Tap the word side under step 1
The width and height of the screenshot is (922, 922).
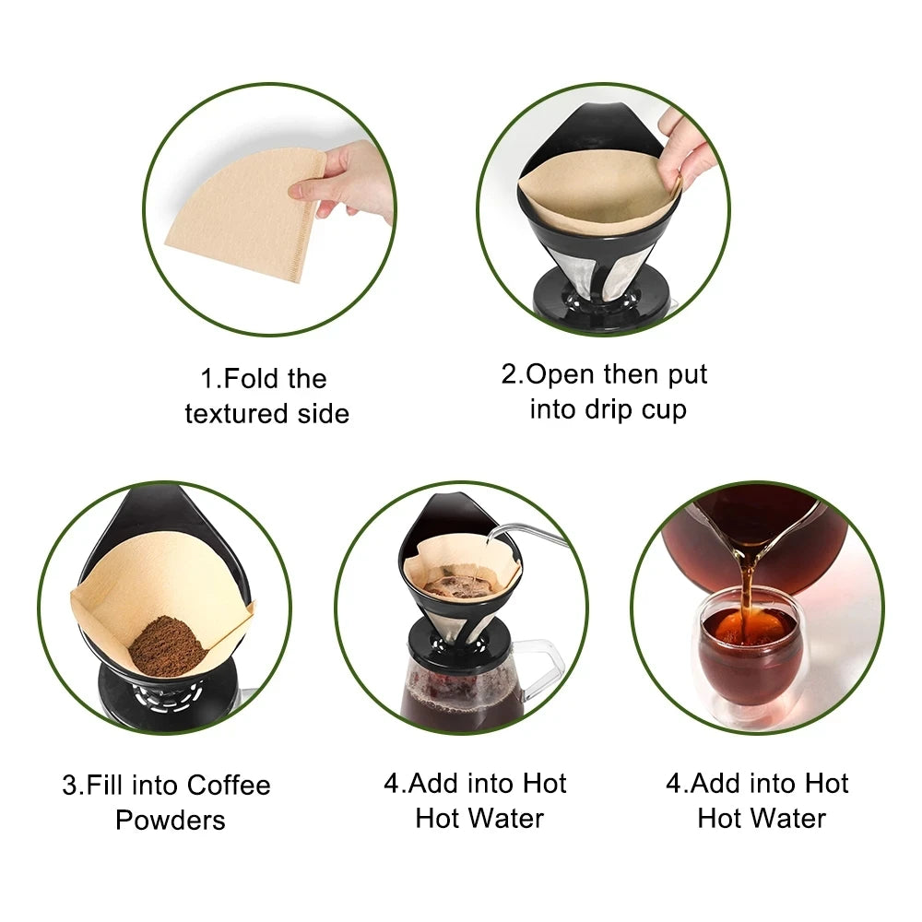tap(321, 414)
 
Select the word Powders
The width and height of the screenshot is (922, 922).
tap(171, 820)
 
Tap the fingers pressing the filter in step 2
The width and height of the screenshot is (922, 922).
tap(682, 148)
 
